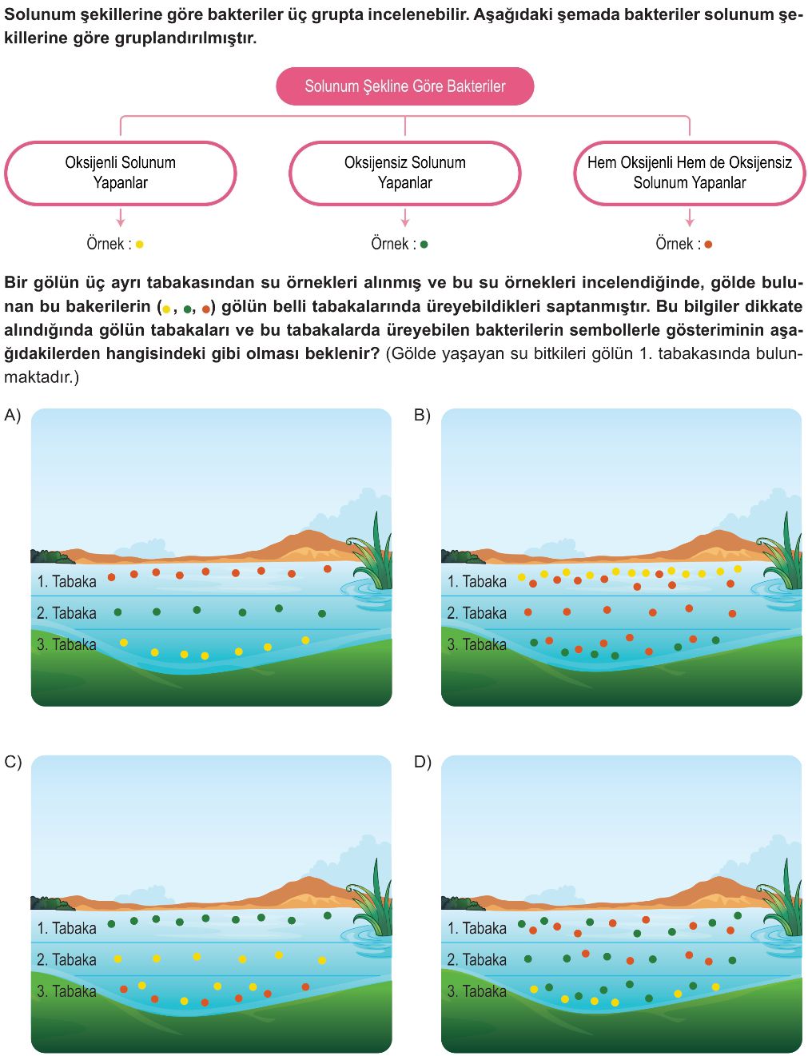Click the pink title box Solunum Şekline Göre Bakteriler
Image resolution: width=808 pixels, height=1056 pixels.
coord(405,86)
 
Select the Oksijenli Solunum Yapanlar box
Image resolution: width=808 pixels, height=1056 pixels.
coord(120,173)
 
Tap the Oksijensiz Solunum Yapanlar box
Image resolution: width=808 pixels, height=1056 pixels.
coord(405,173)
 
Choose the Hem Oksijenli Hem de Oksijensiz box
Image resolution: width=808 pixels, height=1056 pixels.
coord(690,173)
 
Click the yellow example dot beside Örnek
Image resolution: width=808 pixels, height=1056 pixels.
coord(140,245)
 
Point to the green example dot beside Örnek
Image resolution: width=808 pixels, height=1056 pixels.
coord(424,245)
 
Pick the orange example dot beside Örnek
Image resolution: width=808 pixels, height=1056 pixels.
coord(708,245)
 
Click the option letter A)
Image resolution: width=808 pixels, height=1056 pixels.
coord(13,415)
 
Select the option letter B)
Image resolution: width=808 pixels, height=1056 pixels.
coord(422,415)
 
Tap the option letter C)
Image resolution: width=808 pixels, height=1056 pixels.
coord(13,762)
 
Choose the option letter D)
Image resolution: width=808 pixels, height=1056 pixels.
coord(423,762)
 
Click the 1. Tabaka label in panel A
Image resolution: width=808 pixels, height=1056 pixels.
coord(67,581)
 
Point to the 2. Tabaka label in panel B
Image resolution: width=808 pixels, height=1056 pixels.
coord(476,613)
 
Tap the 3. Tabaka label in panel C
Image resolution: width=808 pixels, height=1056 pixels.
coord(67,991)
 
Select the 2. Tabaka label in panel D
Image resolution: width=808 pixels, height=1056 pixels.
coord(476,960)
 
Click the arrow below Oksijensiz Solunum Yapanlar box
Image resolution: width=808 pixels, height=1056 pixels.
coord(405,217)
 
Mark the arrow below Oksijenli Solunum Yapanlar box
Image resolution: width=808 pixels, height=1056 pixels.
coord(120,217)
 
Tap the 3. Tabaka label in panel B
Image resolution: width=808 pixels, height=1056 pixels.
coord(476,644)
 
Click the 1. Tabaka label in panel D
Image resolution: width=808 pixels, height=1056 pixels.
coord(476,928)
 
